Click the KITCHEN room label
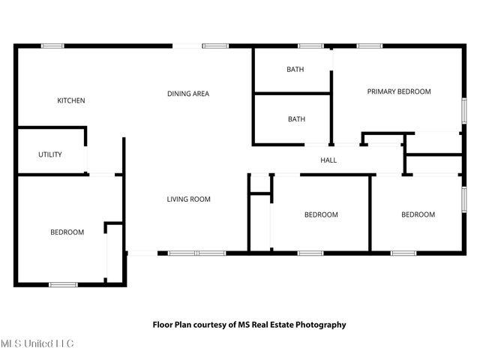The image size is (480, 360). pyautogui.click(x=71, y=100)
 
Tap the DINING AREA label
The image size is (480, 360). pyautogui.click(x=188, y=94)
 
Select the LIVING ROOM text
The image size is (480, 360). pyautogui.click(x=188, y=199)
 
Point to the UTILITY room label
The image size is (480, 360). pyautogui.click(x=50, y=154)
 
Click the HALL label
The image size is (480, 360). pyautogui.click(x=328, y=160)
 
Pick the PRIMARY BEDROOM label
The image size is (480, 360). pyautogui.click(x=399, y=91)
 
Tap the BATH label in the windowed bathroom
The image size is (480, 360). pyautogui.click(x=295, y=70)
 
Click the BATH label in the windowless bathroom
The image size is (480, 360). pyautogui.click(x=297, y=119)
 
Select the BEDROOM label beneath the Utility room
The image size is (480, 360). pyautogui.click(x=67, y=232)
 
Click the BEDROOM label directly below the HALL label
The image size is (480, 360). pyautogui.click(x=321, y=215)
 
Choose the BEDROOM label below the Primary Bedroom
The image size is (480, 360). pyautogui.click(x=418, y=214)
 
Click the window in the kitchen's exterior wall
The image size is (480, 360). pyautogui.click(x=52, y=46)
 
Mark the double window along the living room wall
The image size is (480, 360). pyautogui.click(x=196, y=253)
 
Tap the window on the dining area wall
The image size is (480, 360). pyautogui.click(x=215, y=46)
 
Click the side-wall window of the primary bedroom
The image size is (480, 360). pyautogui.click(x=464, y=111)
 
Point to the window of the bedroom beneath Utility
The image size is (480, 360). pyautogui.click(x=63, y=285)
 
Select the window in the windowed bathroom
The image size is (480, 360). pyautogui.click(x=310, y=46)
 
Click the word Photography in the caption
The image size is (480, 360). pyautogui.click(x=321, y=325)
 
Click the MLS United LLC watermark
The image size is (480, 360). pyautogui.click(x=37, y=343)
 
